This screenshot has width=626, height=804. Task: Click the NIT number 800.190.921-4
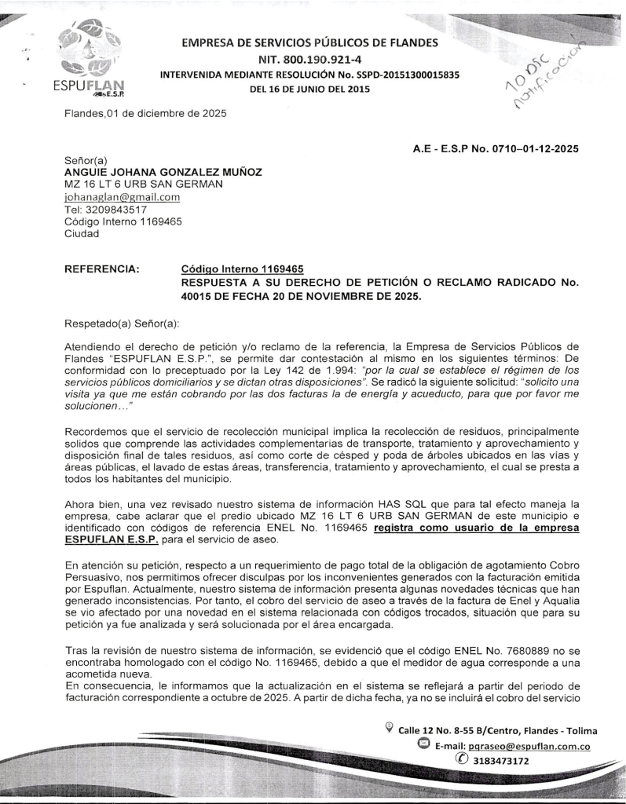[310, 59]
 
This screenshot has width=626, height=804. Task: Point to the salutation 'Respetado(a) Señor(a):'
[118, 322]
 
